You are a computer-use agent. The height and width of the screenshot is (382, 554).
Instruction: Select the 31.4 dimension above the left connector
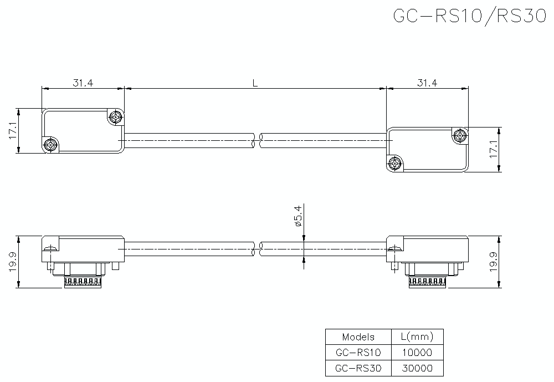tap(83, 83)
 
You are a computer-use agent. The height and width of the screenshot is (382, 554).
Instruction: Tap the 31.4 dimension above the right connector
tap(427, 83)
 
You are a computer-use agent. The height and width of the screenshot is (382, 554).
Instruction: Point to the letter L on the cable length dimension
tap(255, 83)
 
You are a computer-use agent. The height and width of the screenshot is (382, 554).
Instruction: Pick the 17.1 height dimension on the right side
tap(494, 150)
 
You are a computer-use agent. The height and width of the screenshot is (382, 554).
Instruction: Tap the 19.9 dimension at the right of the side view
tap(494, 262)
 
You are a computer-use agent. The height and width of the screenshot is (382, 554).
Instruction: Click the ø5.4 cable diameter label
tap(297, 216)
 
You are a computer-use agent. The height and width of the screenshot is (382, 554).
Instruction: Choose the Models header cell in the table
tap(358, 337)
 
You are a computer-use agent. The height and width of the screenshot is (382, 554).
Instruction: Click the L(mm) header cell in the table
tap(417, 337)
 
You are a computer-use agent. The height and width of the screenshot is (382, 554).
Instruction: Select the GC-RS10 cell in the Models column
tap(358, 352)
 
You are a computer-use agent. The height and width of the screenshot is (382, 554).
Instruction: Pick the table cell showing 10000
tap(417, 352)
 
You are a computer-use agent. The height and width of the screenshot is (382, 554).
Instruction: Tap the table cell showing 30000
tap(417, 368)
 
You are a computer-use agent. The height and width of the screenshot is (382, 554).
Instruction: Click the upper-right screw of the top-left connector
tap(115, 117)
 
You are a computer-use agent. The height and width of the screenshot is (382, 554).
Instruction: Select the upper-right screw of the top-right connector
tap(460, 136)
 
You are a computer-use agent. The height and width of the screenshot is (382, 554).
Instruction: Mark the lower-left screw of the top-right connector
tap(395, 164)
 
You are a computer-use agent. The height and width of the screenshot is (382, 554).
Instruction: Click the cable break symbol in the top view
tap(257, 141)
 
